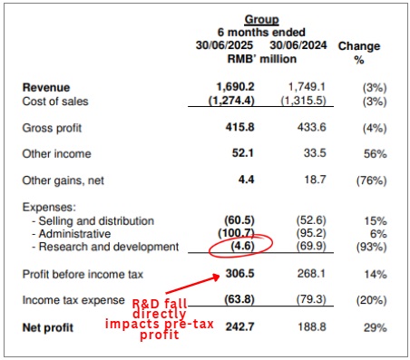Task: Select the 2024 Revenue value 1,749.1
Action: click(293, 87)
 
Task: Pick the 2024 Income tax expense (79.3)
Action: click(296, 299)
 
